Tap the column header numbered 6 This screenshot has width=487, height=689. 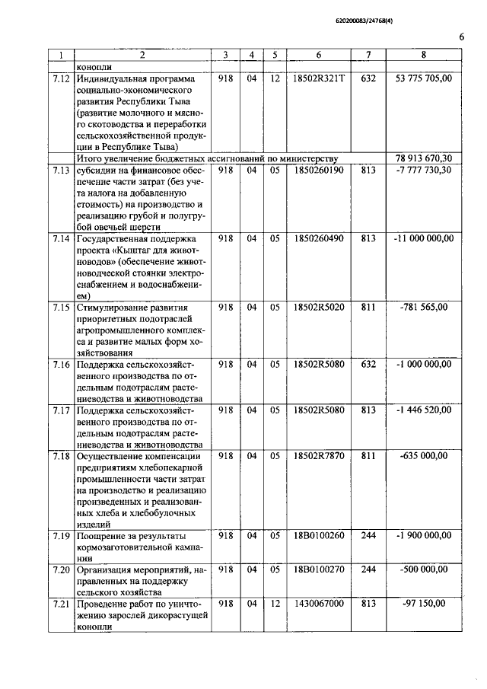318,55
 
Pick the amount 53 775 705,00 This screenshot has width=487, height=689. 424,78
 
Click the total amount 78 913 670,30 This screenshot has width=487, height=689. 424,158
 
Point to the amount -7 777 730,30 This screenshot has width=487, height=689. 424,170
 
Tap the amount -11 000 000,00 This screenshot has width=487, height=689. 424,238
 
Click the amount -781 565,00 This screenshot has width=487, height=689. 424,307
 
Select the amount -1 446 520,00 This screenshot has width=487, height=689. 424,410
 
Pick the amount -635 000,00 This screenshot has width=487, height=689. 424,455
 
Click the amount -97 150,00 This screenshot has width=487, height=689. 424,604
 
